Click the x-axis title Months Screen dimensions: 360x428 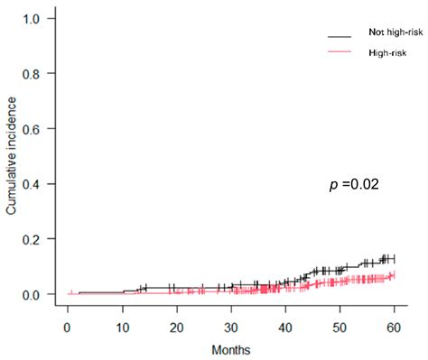pos(231,348)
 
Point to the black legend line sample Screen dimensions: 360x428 pos(340,35)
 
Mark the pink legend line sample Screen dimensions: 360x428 pos(340,54)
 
